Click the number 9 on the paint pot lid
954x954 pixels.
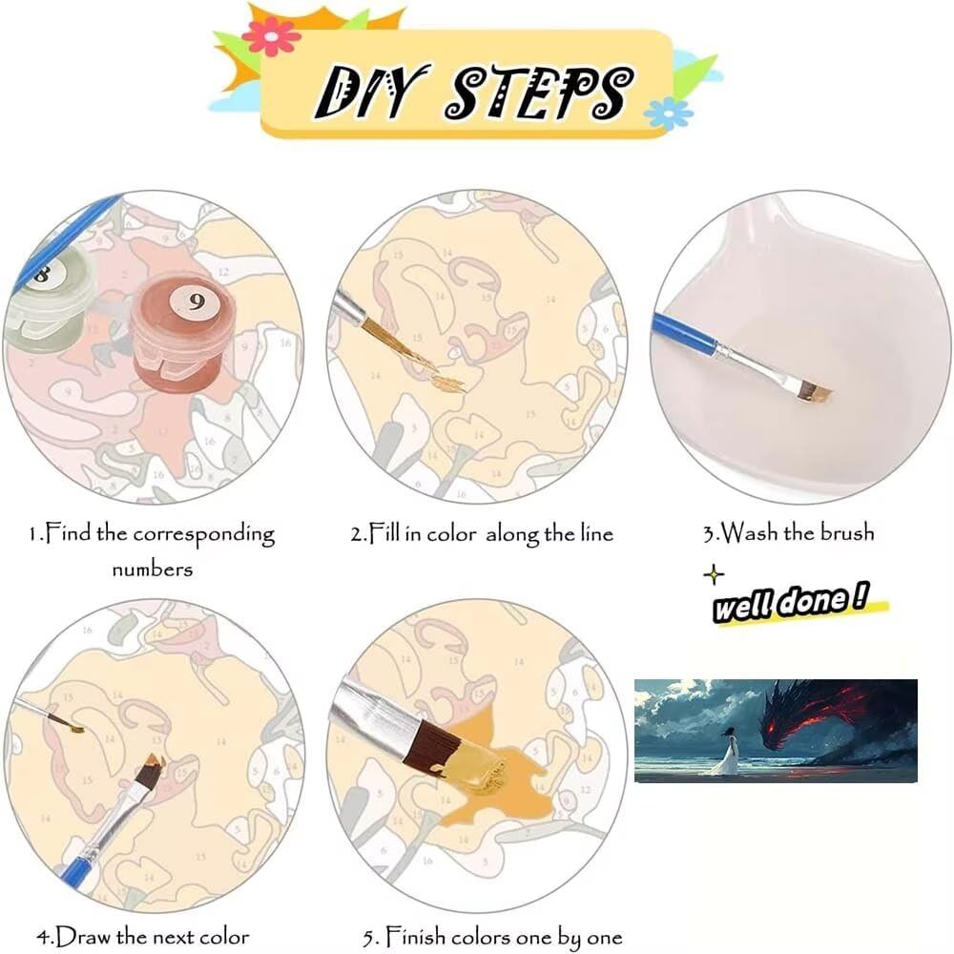tap(196, 301)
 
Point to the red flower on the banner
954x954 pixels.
tap(271, 36)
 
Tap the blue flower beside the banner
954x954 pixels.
tap(668, 114)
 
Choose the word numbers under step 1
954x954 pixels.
tap(152, 570)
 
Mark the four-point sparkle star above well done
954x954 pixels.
tap(714, 574)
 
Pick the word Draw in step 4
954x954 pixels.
tap(83, 937)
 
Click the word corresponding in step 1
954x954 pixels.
tap(204, 535)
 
